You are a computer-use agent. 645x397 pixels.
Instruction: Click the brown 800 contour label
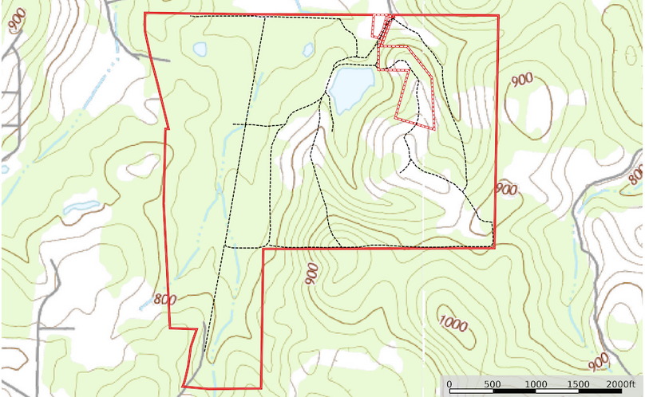[164, 301]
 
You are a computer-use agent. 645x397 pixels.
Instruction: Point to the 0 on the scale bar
[449, 384]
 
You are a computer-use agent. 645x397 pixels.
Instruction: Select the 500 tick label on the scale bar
[492, 384]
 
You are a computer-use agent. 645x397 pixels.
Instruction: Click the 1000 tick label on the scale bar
[536, 384]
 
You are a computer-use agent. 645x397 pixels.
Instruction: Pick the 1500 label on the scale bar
[579, 384]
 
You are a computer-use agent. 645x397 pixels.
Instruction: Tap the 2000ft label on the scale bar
[623, 384]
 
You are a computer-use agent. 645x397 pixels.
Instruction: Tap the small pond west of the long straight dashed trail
[200, 49]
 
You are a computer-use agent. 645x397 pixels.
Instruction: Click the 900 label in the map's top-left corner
[15, 22]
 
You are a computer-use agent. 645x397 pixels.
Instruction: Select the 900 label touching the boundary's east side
[506, 190]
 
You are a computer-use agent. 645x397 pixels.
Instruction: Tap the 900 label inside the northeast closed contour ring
[522, 79]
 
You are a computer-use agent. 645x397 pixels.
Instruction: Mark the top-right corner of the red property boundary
[498, 15]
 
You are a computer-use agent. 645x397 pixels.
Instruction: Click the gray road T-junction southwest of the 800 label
[38, 328]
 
